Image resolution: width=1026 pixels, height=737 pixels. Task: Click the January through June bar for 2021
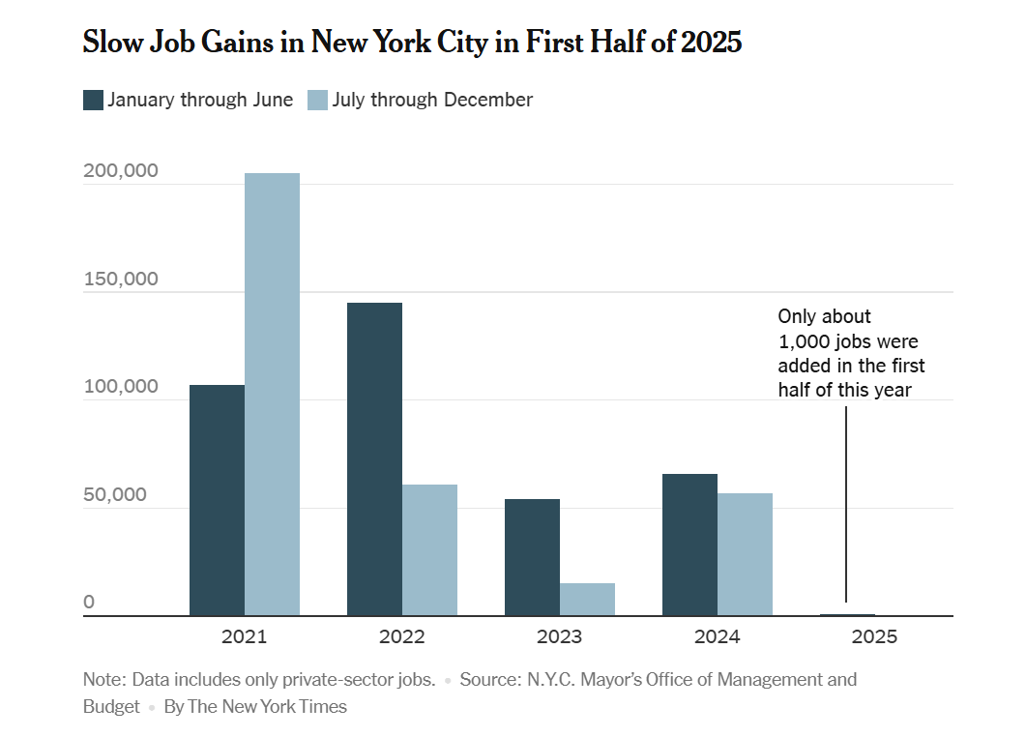point(217,500)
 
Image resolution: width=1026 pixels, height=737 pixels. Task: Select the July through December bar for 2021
point(272,394)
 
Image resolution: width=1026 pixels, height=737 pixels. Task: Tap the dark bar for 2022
point(374,458)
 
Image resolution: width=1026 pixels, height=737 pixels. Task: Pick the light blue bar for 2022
point(429,549)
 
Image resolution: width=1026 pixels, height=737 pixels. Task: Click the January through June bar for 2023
point(532,557)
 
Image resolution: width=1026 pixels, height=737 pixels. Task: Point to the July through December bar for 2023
point(587,599)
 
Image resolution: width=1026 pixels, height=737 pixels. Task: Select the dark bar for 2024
point(689,545)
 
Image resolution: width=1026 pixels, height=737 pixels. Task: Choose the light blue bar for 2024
point(745,554)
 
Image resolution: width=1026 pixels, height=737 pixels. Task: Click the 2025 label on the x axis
point(874,636)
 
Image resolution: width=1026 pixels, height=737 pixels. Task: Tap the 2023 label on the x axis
point(559,636)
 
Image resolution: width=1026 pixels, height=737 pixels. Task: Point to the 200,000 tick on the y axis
point(121,171)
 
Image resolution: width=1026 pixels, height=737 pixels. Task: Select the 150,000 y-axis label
point(121,280)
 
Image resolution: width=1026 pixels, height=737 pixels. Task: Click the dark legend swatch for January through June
point(93,100)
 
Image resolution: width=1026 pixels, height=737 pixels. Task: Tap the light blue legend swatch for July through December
point(317,100)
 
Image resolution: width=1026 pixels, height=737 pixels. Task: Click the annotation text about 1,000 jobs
point(851,353)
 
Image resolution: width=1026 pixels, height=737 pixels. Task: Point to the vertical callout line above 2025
point(846,503)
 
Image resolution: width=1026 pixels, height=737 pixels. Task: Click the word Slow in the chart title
point(107,43)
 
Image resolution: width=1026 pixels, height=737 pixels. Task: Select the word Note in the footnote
point(103,679)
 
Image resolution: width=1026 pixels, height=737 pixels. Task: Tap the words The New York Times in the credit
point(267,706)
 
